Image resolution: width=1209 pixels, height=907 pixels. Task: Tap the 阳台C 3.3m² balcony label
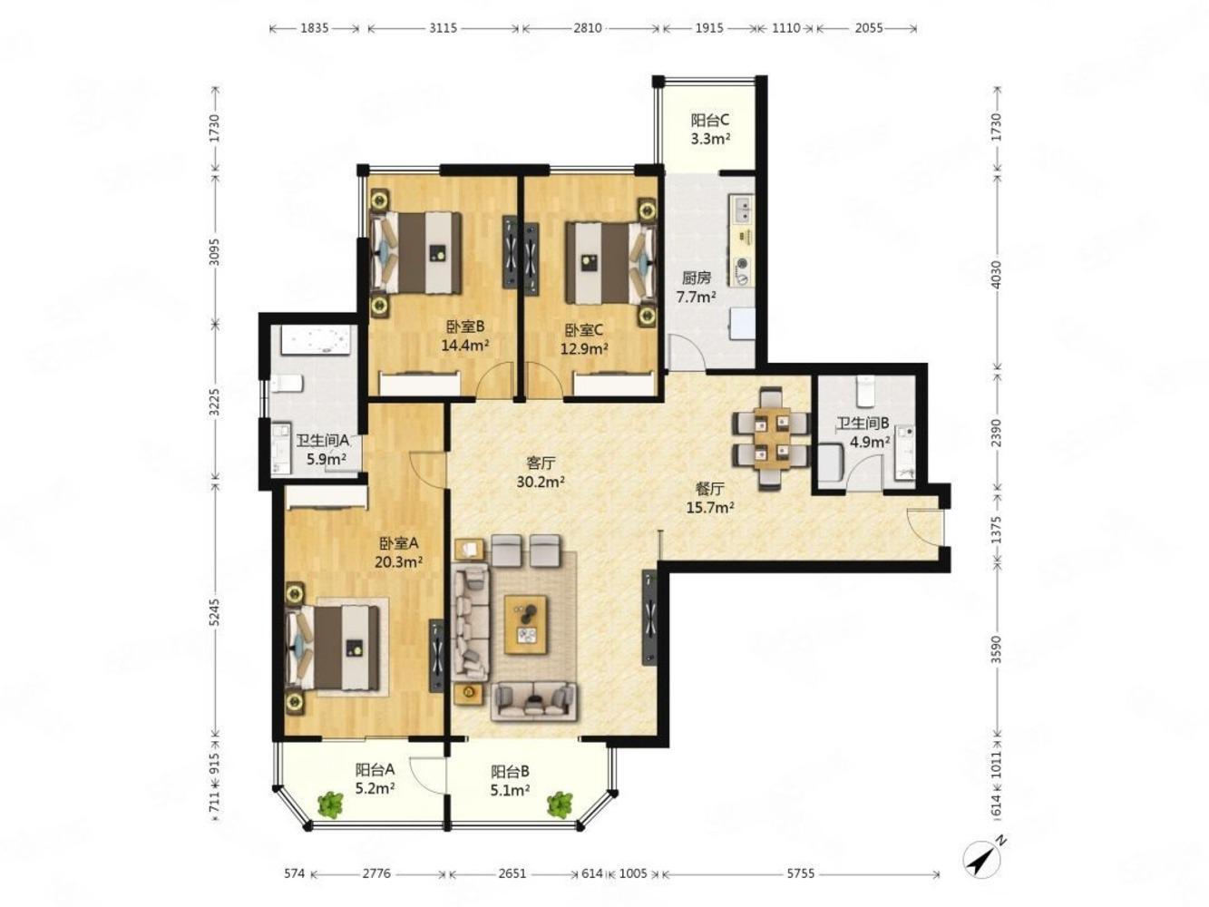tap(710, 129)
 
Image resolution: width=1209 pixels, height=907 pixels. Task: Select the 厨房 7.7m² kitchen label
tap(697, 288)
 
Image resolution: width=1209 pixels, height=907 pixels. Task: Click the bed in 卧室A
tap(335, 648)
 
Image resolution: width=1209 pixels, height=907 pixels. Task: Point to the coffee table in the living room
tap(526, 624)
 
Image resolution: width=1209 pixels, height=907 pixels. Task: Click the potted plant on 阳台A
tap(332, 804)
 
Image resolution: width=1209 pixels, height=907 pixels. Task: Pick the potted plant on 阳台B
tap(561, 805)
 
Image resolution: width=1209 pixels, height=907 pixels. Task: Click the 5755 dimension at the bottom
tap(800, 873)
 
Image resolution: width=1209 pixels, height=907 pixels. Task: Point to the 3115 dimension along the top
tap(443, 28)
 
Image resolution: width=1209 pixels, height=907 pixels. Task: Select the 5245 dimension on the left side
tap(215, 612)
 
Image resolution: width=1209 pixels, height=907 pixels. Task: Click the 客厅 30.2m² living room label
tap(541, 472)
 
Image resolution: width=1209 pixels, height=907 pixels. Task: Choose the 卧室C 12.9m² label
tap(584, 339)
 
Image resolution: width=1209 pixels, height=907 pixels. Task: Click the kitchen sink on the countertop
tap(742, 207)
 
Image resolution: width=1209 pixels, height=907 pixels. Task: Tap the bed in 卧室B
tap(416, 253)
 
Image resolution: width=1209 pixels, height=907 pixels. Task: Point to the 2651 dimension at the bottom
tap(512, 873)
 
